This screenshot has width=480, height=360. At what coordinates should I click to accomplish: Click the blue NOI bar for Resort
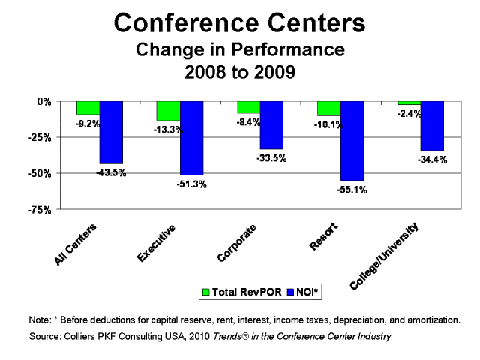tap(352, 141)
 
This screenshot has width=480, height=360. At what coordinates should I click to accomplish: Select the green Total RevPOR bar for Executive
tap(168, 111)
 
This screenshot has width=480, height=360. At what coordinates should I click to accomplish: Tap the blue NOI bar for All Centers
tap(111, 132)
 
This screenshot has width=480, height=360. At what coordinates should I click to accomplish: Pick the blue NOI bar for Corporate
tap(271, 125)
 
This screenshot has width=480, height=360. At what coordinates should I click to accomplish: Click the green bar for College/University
tap(409, 103)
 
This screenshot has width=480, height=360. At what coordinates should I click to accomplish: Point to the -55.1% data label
tap(352, 190)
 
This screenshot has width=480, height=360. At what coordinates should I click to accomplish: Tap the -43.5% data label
tap(111, 172)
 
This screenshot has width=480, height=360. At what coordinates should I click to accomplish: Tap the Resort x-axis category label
tap(325, 237)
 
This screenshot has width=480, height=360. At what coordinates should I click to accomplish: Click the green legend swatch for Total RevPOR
tap(204, 289)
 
